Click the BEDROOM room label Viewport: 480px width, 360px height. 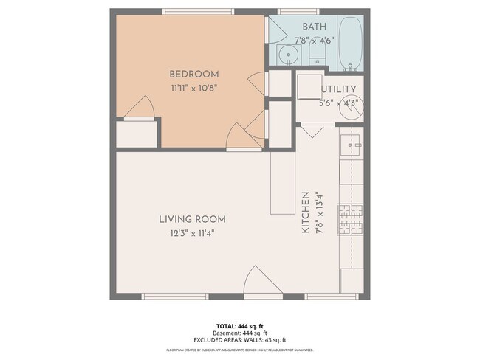(194, 74)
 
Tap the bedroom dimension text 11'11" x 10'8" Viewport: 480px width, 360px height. (194, 86)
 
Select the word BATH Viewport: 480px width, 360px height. (315, 27)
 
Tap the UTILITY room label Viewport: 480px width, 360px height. (339, 89)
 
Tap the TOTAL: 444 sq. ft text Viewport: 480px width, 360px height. (239, 325)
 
